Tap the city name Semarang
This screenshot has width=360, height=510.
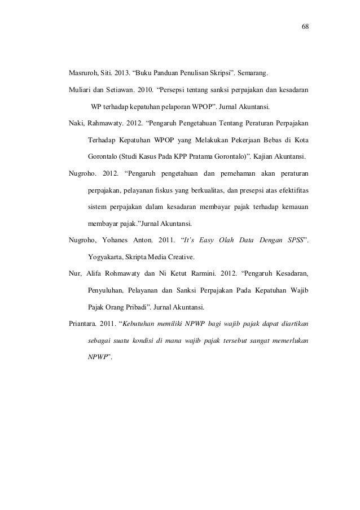[x=253, y=73]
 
